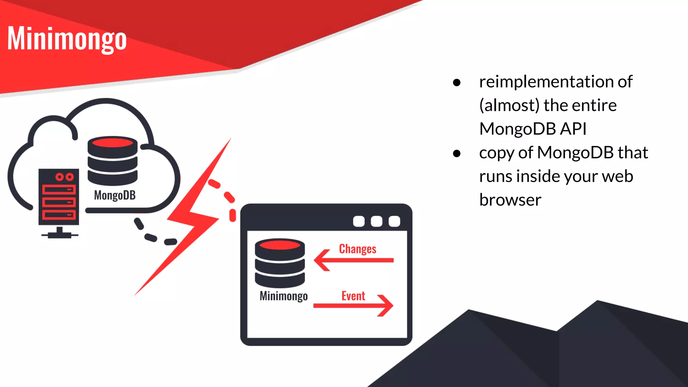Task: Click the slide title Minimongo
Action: (x=67, y=39)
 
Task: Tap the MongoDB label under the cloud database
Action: (x=115, y=195)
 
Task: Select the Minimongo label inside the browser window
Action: (x=284, y=296)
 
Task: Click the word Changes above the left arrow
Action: (x=357, y=249)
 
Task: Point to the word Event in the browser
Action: (x=353, y=296)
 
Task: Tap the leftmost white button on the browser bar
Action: (x=359, y=221)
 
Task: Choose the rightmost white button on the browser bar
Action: (x=394, y=221)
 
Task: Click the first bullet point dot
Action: (x=457, y=82)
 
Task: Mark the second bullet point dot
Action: (x=457, y=154)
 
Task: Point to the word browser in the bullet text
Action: (x=510, y=200)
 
